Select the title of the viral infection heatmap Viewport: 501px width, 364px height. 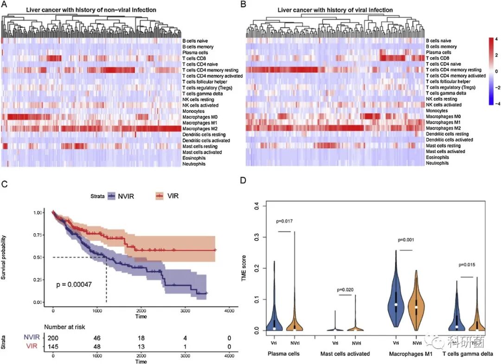tap(335, 10)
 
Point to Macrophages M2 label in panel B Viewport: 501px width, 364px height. tap(443, 128)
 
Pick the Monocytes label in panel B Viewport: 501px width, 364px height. tap(437, 111)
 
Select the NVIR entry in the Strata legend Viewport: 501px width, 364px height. tap(123, 196)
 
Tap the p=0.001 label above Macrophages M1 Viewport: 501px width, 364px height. tap(406, 240)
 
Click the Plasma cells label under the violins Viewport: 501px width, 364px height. tap(284, 354)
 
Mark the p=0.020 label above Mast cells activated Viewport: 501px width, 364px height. tap(345, 289)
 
